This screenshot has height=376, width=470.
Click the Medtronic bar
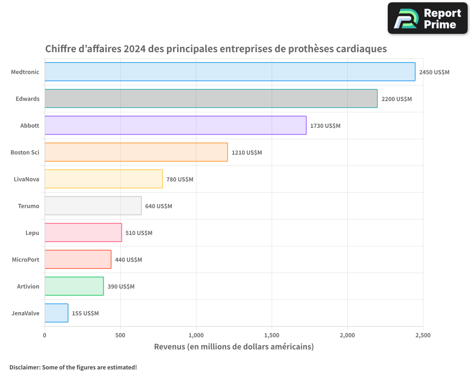coord(230,72)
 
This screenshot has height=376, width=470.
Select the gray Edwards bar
coord(211,99)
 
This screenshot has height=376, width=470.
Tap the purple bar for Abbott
coord(175,125)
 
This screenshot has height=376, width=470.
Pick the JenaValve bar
coord(56,313)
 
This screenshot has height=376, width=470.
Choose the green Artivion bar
coord(74,286)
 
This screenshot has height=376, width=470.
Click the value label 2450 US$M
coord(434,72)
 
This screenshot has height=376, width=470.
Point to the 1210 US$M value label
coord(247,153)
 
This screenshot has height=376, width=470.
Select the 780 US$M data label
coord(180,180)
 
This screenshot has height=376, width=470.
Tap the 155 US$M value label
coord(85,313)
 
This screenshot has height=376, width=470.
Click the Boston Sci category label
coord(25,152)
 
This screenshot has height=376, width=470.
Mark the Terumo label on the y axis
coord(29,206)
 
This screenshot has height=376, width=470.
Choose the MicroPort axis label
coord(25,259)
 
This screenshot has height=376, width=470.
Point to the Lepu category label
coord(32,233)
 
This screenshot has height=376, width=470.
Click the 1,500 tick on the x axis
coord(272,336)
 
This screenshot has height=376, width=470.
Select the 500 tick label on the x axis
coord(120,336)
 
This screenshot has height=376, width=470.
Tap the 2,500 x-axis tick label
coord(423,336)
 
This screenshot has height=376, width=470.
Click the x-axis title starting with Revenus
coord(234,347)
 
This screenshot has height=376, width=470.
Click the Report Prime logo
coord(428,18)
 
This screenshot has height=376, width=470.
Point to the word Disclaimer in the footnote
coord(24,367)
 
